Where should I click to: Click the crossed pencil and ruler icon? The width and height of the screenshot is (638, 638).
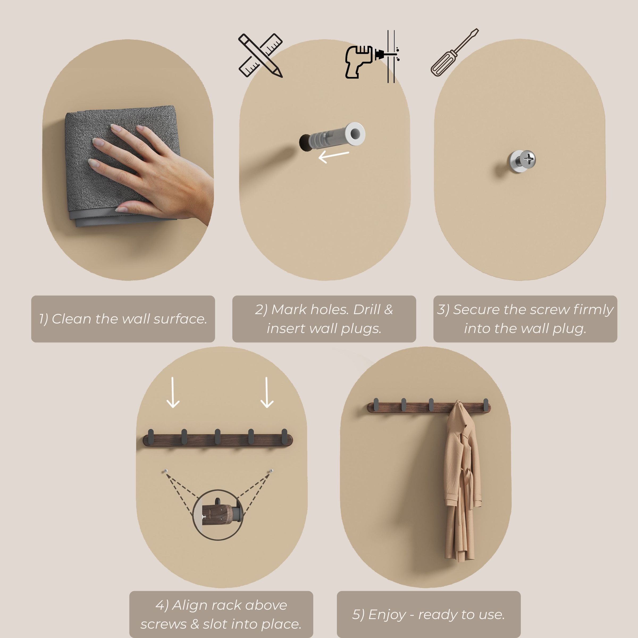click(x=261, y=56)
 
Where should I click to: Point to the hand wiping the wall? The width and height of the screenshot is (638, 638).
click(x=155, y=172)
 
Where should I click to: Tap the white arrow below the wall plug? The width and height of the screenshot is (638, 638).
click(x=334, y=157)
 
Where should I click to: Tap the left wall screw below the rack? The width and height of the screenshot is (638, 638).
click(x=166, y=471)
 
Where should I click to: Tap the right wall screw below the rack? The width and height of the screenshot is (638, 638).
click(x=271, y=471)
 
